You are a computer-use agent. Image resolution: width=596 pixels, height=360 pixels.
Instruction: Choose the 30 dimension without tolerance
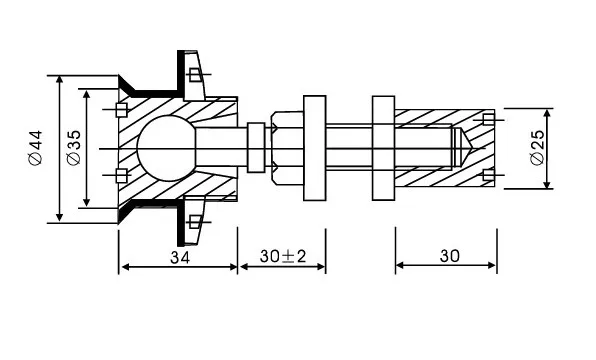pyautogui.click(x=448, y=257)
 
